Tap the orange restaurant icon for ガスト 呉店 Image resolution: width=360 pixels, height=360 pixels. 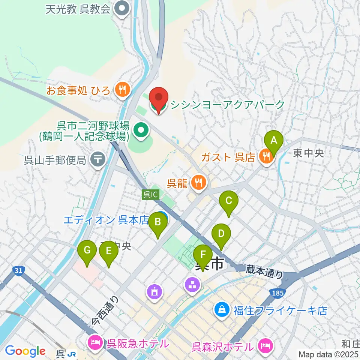point(267,157)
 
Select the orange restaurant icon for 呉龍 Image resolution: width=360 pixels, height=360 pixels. point(198,183)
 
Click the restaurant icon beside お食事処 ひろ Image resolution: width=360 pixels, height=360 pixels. point(122,90)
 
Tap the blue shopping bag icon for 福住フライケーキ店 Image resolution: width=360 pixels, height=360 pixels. point(222,310)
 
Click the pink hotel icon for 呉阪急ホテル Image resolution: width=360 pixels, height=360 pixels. point(94,342)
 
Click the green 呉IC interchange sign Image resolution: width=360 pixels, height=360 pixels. point(151,195)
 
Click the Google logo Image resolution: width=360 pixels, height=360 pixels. point(25,351)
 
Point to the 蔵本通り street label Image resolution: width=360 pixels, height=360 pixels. point(265,271)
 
